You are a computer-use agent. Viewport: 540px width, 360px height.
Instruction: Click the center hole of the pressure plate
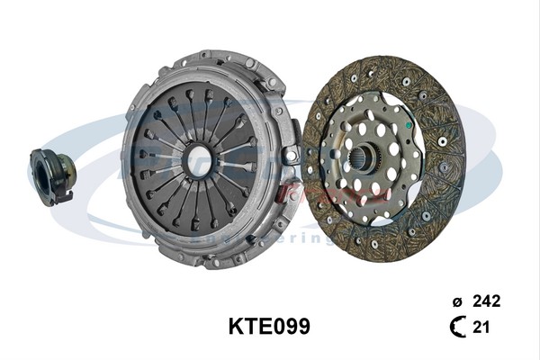click(x=200, y=160)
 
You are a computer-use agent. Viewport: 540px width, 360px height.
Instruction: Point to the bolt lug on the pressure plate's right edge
click(x=290, y=155)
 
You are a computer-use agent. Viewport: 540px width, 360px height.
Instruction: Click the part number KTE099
click(x=269, y=326)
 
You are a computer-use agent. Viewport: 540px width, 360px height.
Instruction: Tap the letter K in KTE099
click(x=237, y=326)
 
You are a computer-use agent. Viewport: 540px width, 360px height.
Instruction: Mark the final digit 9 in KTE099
click(x=303, y=326)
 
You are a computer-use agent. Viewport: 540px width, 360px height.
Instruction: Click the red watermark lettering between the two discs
click(x=301, y=192)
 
